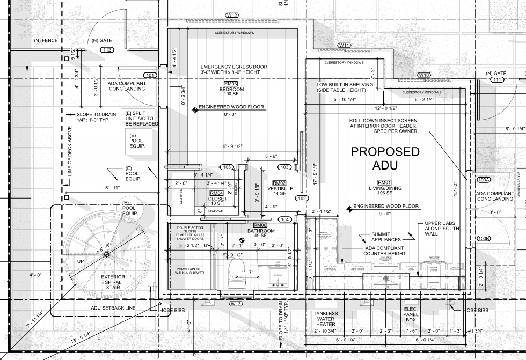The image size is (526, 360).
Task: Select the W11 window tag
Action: pyautogui.click(x=345, y=45)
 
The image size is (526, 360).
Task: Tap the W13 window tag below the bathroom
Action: pyautogui.click(x=236, y=304)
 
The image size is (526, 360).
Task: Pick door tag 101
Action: pyautogui.click(x=150, y=75)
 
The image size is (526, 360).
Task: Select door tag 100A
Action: pyautogui.click(x=484, y=180)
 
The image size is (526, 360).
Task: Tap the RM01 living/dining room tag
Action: pyautogui.click(x=385, y=182)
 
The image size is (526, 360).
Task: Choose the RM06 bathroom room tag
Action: pyautogui.click(x=260, y=225)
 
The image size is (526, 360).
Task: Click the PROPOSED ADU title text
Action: pyautogui.click(x=385, y=158)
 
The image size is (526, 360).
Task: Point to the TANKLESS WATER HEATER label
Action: pyautogui.click(x=326, y=319)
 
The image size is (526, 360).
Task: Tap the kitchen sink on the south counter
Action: pyautogui.click(x=385, y=278)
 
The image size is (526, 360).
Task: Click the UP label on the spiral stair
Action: pyautogui.click(x=81, y=261)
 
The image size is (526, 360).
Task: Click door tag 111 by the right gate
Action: pyautogui.click(x=497, y=80)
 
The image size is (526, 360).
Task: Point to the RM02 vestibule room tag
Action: pyautogui.click(x=279, y=183)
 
